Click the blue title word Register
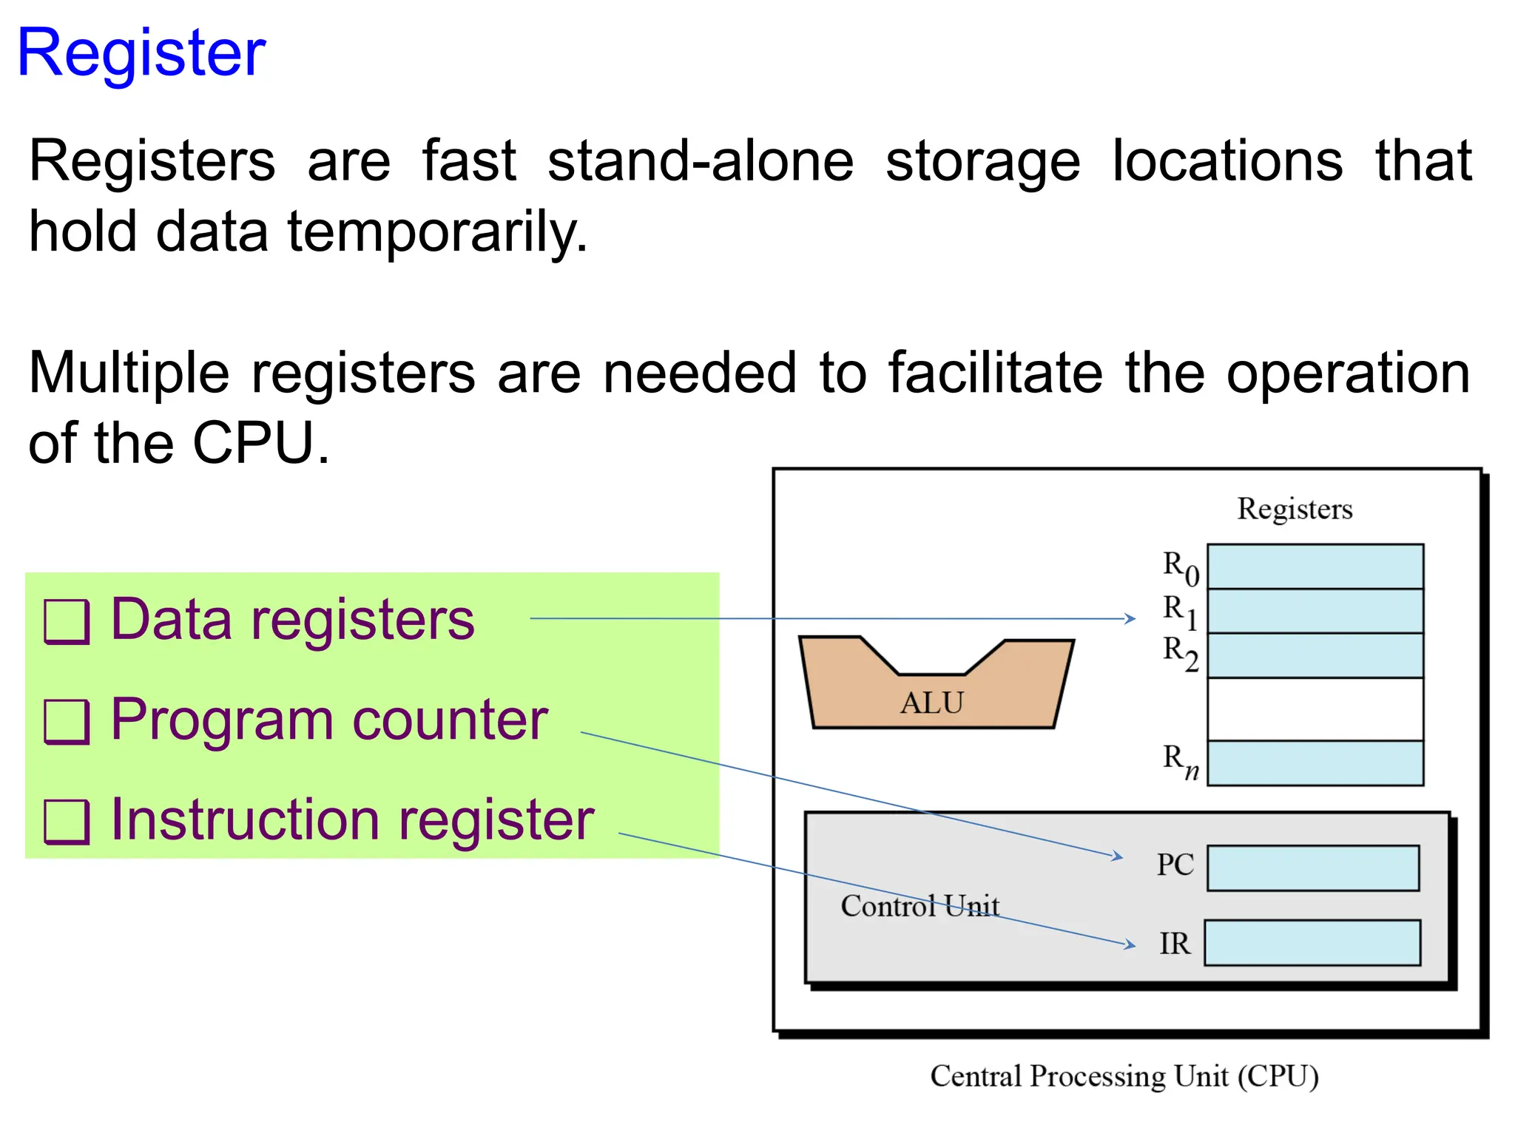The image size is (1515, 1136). [141, 53]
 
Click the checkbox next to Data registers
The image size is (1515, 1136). [67, 621]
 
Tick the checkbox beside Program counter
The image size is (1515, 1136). [67, 722]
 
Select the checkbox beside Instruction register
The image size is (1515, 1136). [67, 822]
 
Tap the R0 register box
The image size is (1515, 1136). [1315, 567]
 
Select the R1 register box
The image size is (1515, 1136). [1315, 611]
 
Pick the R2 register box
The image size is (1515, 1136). [1315, 655]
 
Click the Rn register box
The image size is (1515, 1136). [1315, 763]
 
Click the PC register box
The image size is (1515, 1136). [1312, 868]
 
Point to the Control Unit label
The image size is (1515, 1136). [920, 906]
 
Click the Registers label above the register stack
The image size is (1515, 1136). [1295, 509]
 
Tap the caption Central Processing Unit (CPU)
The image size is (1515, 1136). [1124, 1076]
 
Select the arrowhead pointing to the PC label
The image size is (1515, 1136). [1118, 856]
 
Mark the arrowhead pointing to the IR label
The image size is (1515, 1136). [1130, 944]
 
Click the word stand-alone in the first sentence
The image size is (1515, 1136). [700, 161]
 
